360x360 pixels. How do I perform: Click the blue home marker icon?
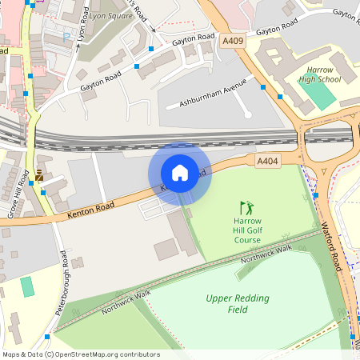click(180, 172)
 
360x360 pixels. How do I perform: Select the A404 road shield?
click(268, 162)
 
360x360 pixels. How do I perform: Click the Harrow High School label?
click(320, 74)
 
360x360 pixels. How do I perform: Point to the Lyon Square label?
click(110, 15)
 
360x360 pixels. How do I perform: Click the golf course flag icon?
click(247, 207)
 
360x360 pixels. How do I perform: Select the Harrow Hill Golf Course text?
click(247, 230)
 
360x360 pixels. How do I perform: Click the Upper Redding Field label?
click(238, 304)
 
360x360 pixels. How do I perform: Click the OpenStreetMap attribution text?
click(80, 354)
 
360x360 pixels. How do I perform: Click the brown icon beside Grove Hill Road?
click(38, 174)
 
